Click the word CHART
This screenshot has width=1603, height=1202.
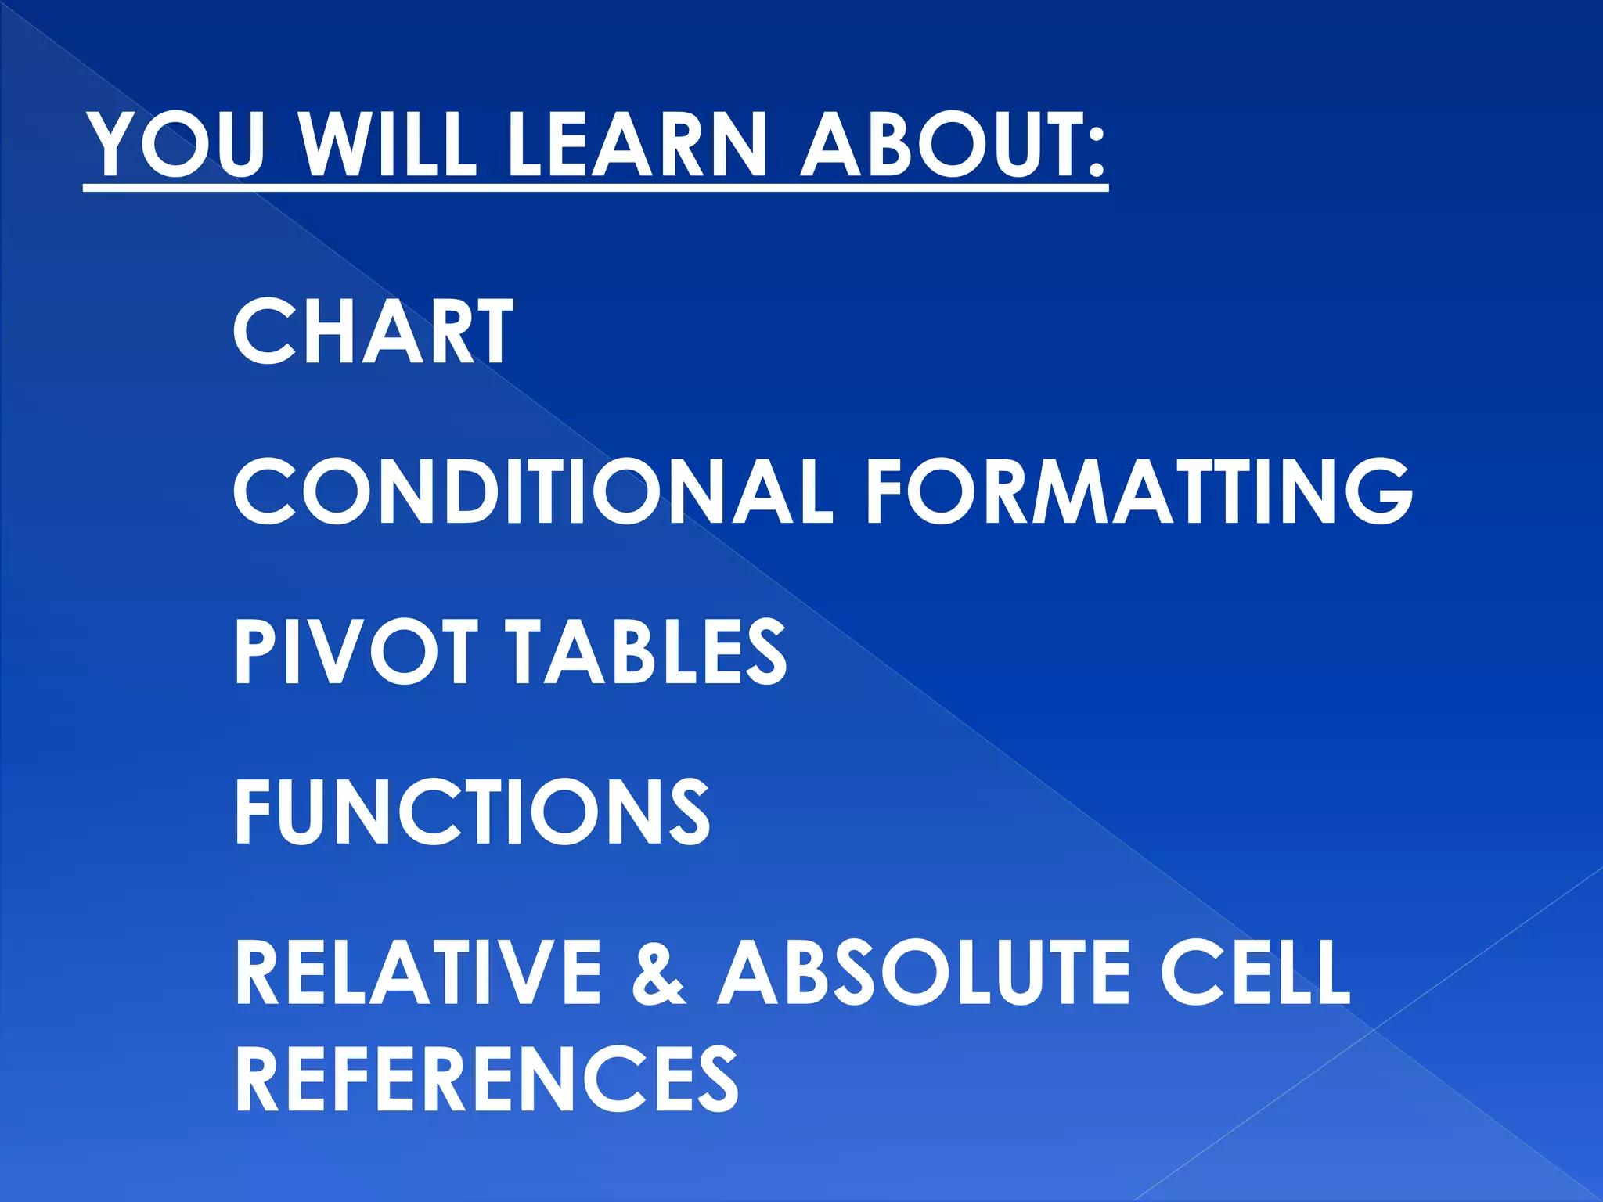373,332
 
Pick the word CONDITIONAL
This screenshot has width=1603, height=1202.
532,491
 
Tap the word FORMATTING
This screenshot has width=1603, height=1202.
1139,491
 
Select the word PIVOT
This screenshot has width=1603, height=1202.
356,651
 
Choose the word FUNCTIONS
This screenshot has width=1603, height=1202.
472,812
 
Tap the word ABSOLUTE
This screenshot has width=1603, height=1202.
924,972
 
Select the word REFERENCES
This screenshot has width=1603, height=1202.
486,1078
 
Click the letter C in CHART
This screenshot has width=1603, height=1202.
262,332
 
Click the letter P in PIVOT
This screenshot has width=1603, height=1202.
255,651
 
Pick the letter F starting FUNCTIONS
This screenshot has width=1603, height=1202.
254,812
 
